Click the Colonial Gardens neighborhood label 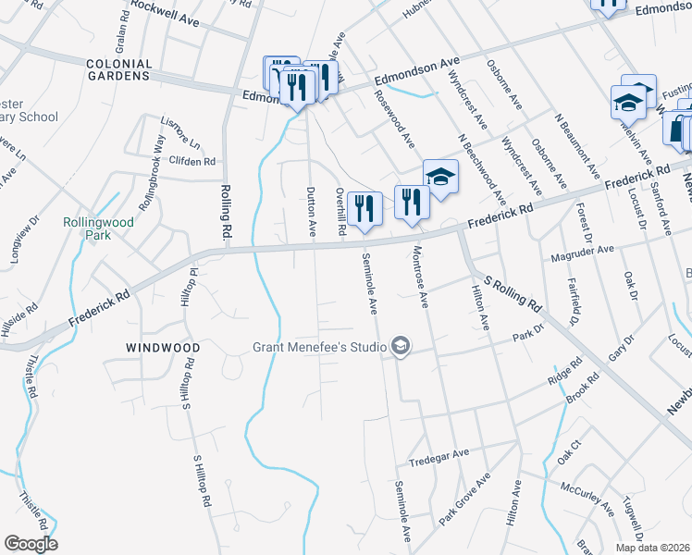tap(117, 68)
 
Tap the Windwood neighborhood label tap(164, 348)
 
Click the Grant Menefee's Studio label tap(319, 348)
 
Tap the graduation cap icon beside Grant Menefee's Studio tap(400, 347)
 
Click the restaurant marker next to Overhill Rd tap(365, 209)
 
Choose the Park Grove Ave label tap(464, 502)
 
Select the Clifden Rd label tap(192, 160)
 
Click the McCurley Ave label tap(587, 497)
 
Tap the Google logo tap(31, 544)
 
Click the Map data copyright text tap(653, 548)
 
